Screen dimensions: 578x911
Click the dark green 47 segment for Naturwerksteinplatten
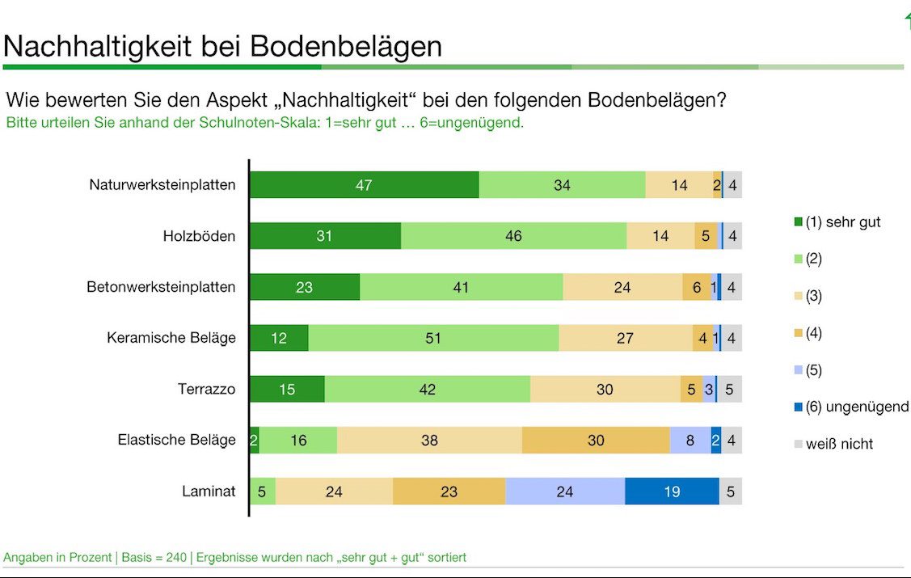[364, 185]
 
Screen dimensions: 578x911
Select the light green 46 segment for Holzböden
[513, 236]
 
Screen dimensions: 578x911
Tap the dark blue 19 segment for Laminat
[672, 491]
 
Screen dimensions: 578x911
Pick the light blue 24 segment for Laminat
[565, 491]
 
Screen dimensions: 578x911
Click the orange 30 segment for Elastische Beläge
[596, 440]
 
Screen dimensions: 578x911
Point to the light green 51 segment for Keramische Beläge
[433, 338]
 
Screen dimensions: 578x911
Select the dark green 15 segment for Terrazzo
[287, 389]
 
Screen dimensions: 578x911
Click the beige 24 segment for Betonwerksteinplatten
[622, 287]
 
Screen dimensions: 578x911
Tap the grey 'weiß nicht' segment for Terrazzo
[729, 389]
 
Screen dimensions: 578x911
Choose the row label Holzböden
[199, 236]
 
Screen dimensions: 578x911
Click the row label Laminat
[209, 491]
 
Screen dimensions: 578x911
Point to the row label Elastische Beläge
[176, 440]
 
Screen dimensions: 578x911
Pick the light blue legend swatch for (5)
[799, 370]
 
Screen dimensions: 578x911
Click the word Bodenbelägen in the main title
[346, 46]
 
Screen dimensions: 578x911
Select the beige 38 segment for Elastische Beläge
[429, 440]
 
